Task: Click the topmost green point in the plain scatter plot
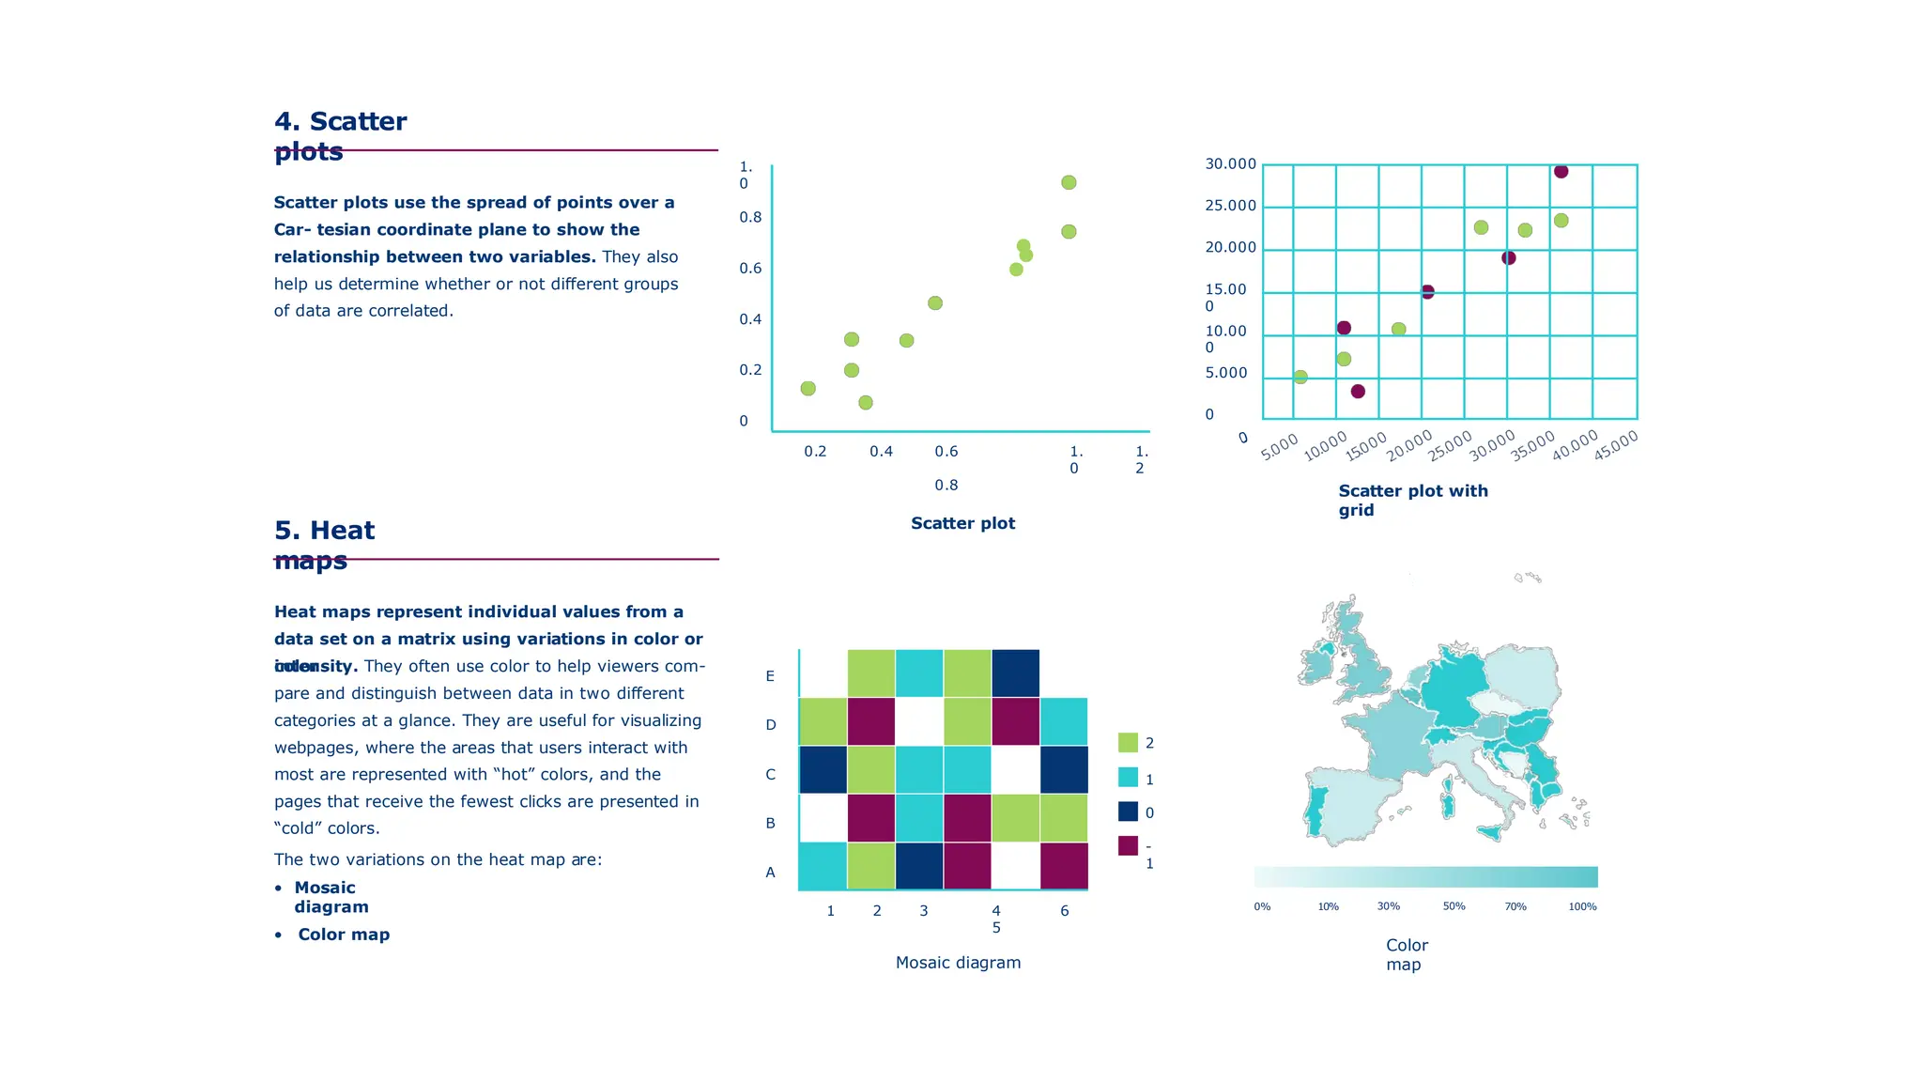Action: (x=1069, y=182)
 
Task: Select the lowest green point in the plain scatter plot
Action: (x=866, y=402)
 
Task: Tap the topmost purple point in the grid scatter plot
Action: (x=1561, y=171)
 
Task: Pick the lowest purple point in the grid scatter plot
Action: (x=1358, y=391)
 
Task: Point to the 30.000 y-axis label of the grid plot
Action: (x=1230, y=164)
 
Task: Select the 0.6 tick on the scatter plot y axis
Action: (x=750, y=269)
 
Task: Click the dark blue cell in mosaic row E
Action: (x=1016, y=673)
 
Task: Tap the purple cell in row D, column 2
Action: (x=871, y=721)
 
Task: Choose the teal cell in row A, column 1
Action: (x=823, y=865)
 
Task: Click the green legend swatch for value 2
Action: (x=1128, y=742)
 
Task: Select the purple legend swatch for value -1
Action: (x=1128, y=845)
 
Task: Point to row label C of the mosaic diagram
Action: (x=770, y=775)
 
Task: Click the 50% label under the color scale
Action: (x=1454, y=906)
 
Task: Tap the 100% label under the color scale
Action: (x=1582, y=906)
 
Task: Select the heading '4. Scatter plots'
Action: (x=340, y=135)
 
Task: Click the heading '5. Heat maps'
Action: (x=324, y=545)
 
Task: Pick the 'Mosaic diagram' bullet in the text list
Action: (x=331, y=897)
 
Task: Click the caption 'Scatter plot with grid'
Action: (x=1412, y=500)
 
